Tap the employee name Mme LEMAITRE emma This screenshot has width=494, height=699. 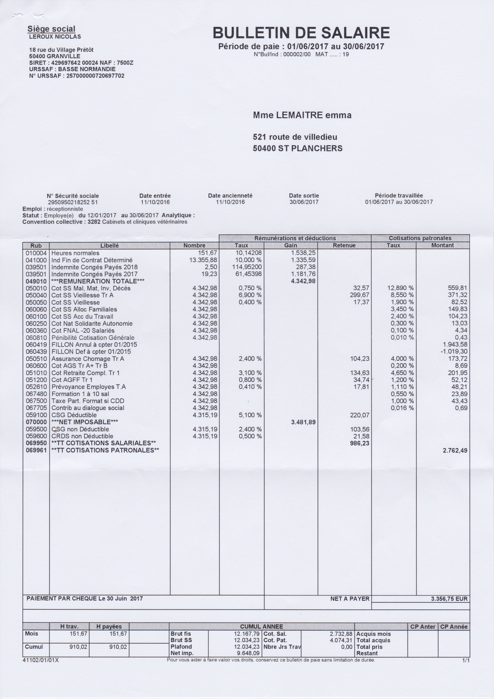[302, 115]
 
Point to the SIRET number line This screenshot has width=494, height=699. [81, 63]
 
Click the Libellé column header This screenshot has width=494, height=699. [109, 245]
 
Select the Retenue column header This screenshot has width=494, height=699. [344, 245]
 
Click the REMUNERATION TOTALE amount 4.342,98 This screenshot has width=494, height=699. [303, 281]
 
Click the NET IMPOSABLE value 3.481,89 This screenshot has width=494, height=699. [303, 422]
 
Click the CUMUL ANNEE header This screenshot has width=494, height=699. [262, 626]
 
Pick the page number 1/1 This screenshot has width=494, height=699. [465, 660]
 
